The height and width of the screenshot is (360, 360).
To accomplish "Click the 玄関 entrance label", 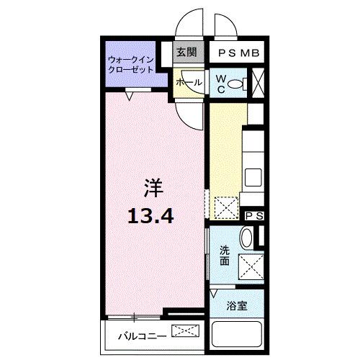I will coord(186,52).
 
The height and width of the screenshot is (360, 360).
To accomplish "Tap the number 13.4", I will coord(152,213).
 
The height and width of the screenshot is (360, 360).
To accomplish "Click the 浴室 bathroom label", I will coord(238,305).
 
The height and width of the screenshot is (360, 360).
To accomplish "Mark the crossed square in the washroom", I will coord(251,268).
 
